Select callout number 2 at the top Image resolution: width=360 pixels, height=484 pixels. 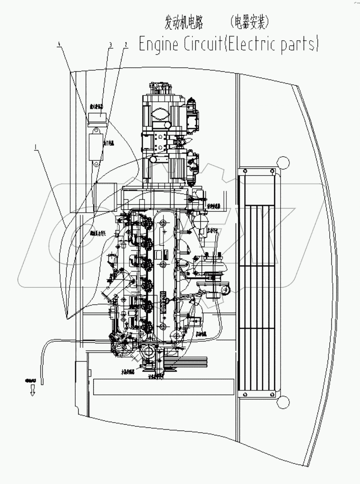(x=125, y=44)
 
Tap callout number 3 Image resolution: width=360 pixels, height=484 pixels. (x=110, y=44)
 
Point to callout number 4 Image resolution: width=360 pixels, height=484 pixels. (x=59, y=44)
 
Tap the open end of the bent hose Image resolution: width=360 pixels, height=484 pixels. (x=42, y=380)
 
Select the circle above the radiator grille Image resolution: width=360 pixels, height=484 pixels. (x=282, y=161)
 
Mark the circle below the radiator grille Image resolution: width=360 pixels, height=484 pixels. (x=282, y=402)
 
